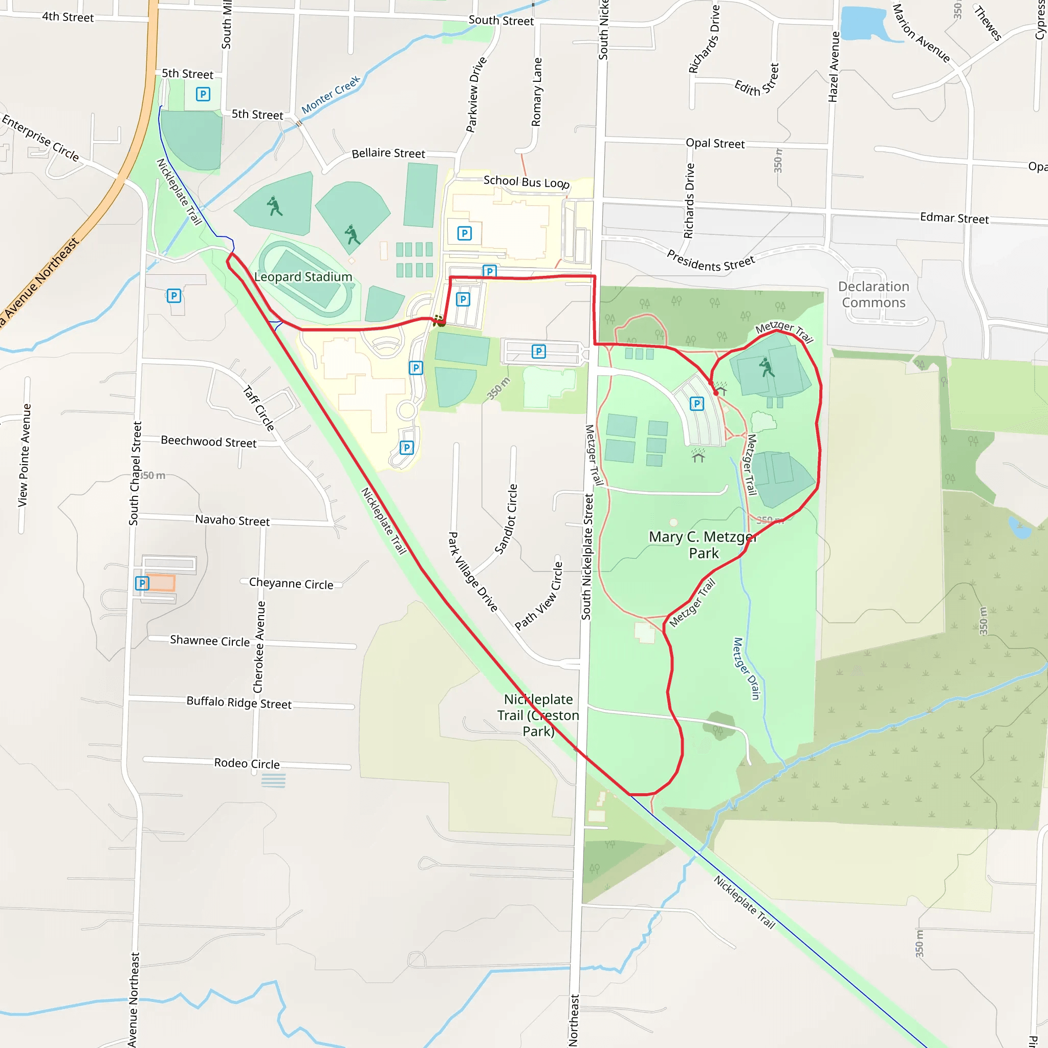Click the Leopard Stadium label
point(303,277)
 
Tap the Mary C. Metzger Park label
point(703,544)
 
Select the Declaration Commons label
point(874,295)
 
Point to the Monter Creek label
point(331,95)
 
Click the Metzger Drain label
point(747,668)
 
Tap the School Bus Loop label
point(526,182)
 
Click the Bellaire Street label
point(388,154)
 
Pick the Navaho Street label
point(232,520)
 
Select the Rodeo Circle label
point(247,763)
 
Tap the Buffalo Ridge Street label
point(239,703)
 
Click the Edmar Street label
point(954,218)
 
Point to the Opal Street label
point(715,144)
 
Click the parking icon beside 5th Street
point(203,94)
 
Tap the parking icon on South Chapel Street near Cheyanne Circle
point(142,583)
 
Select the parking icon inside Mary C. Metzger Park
point(697,404)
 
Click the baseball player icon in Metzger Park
point(767,367)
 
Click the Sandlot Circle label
point(506,519)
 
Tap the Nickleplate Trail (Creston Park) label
point(538,715)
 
